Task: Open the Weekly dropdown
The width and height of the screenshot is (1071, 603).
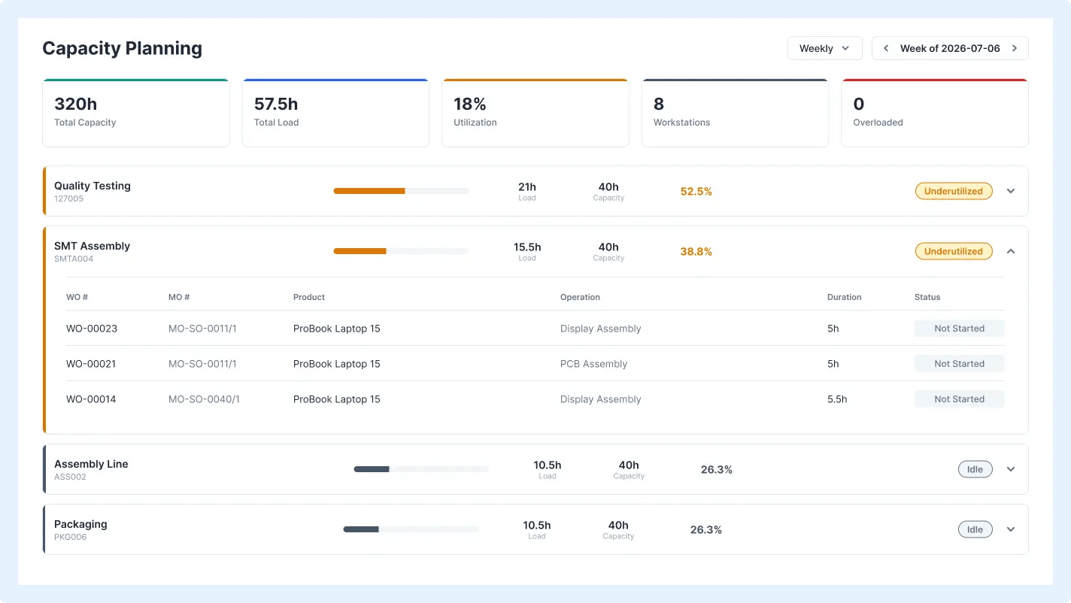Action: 825,48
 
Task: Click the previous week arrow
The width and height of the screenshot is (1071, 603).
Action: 886,48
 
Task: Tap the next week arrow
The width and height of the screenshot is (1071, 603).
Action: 1015,48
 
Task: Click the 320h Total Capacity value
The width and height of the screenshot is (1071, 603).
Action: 75,104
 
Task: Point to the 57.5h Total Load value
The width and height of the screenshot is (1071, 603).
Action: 276,104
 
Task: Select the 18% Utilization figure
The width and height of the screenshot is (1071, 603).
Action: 469,104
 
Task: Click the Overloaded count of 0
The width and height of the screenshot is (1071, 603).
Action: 859,104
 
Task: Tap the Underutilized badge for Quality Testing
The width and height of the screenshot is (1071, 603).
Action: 954,191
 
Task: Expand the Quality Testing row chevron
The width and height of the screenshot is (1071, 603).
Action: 1011,191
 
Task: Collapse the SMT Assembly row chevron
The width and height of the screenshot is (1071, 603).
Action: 1011,251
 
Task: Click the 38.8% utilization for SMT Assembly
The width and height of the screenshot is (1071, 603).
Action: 696,251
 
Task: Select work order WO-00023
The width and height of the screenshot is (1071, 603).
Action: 91,329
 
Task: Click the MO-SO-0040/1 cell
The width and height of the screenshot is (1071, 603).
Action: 204,399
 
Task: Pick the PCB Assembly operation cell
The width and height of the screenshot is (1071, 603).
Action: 593,364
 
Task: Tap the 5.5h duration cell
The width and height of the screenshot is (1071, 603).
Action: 836,399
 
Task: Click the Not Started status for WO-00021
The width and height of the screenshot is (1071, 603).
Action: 959,364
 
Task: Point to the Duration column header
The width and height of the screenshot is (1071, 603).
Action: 844,297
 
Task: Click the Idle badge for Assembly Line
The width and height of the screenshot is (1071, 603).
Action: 975,469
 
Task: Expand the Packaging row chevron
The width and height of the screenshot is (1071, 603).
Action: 1011,529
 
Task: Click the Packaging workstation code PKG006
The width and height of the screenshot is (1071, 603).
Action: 70,537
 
